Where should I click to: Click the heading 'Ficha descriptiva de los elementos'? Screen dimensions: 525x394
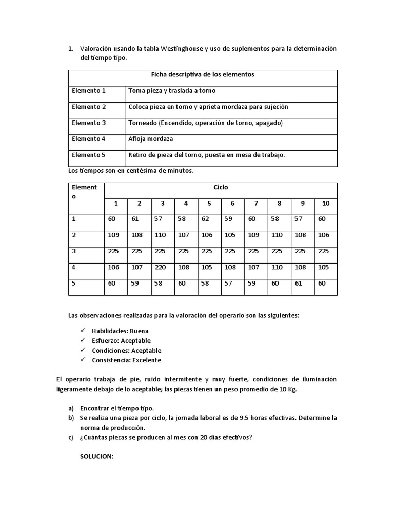tap(203, 75)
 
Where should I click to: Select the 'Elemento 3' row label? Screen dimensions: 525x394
tap(89, 123)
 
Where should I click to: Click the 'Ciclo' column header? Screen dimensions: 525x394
tap(221, 188)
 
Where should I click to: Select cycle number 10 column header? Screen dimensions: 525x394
tap(326, 204)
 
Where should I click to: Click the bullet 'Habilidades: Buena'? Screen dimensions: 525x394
tap(120, 331)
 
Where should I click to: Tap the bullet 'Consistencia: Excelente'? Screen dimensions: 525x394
tap(126, 360)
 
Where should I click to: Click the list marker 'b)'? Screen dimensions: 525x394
tap(71, 418)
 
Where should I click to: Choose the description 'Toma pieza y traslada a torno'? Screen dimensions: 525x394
tap(172, 91)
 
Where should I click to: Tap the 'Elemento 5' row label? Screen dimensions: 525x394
tap(89, 155)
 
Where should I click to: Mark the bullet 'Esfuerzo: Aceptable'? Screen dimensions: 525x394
tap(121, 341)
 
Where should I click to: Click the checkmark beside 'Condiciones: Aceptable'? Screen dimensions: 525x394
tap(83, 351)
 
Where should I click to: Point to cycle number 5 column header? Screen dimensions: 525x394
tap(209, 204)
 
